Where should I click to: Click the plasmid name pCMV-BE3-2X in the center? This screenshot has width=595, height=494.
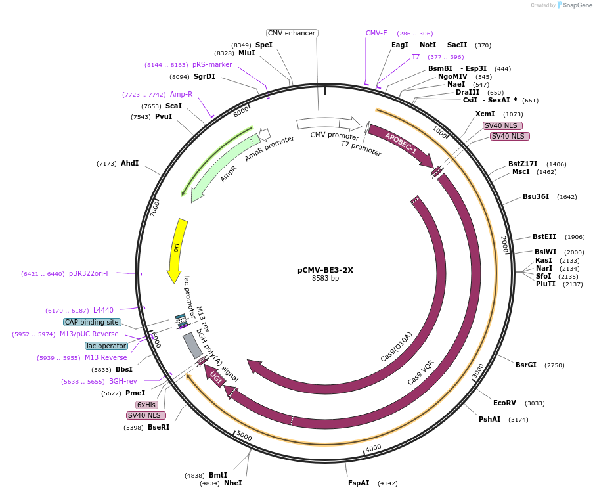point(325,269)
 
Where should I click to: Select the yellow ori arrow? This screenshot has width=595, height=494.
point(177,248)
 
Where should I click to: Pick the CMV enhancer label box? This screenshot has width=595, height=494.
point(292,33)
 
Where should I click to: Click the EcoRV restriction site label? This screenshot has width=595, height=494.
point(504,403)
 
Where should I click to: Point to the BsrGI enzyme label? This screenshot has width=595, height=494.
point(526,365)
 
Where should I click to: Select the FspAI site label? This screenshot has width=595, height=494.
point(359,483)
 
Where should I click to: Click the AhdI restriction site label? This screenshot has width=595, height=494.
point(129,163)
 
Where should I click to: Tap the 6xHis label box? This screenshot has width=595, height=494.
point(146,405)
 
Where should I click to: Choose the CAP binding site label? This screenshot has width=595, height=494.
point(93,322)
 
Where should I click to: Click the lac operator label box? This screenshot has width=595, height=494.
point(106,346)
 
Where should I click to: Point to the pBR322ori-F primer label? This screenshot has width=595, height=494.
point(89,274)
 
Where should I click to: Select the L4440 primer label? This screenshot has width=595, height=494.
point(103,310)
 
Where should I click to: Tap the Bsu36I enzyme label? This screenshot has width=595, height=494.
point(535,196)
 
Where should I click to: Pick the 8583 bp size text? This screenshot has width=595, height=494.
point(325,279)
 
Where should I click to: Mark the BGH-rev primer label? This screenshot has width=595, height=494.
point(123,381)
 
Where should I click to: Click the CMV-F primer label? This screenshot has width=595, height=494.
point(376,33)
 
